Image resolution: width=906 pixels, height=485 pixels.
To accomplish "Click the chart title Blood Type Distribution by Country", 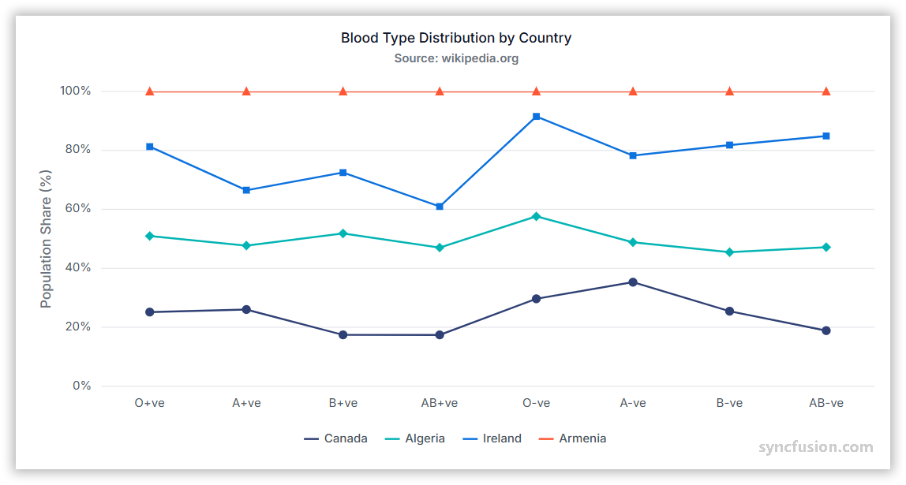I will (x=455, y=38).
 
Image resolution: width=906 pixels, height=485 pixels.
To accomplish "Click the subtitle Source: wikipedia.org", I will (x=455, y=58).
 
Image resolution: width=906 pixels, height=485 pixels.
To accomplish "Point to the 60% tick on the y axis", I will (x=75, y=209).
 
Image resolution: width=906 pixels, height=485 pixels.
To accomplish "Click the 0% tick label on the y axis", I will (x=81, y=386).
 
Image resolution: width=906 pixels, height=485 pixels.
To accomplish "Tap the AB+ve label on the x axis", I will (x=440, y=403).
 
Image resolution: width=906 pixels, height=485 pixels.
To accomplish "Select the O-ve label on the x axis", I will (x=536, y=403).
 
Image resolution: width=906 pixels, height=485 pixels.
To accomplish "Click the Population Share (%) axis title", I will (x=46, y=239).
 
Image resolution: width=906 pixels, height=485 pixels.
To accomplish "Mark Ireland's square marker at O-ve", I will (x=536, y=117).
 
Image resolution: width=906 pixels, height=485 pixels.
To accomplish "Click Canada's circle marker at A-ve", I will (x=633, y=282).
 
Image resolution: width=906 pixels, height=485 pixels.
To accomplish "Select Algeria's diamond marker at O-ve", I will (x=536, y=216).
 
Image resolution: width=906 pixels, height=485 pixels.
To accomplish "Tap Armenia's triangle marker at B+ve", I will (x=343, y=91).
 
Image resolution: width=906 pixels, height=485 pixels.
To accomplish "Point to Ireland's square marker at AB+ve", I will (x=440, y=207).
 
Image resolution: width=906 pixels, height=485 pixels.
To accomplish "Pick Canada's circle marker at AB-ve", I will (x=826, y=330).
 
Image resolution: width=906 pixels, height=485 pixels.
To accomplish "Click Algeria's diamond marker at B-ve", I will (x=729, y=252).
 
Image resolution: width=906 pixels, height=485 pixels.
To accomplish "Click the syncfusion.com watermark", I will (x=816, y=448).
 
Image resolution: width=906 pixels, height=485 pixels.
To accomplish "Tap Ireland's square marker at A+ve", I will (x=246, y=190).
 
